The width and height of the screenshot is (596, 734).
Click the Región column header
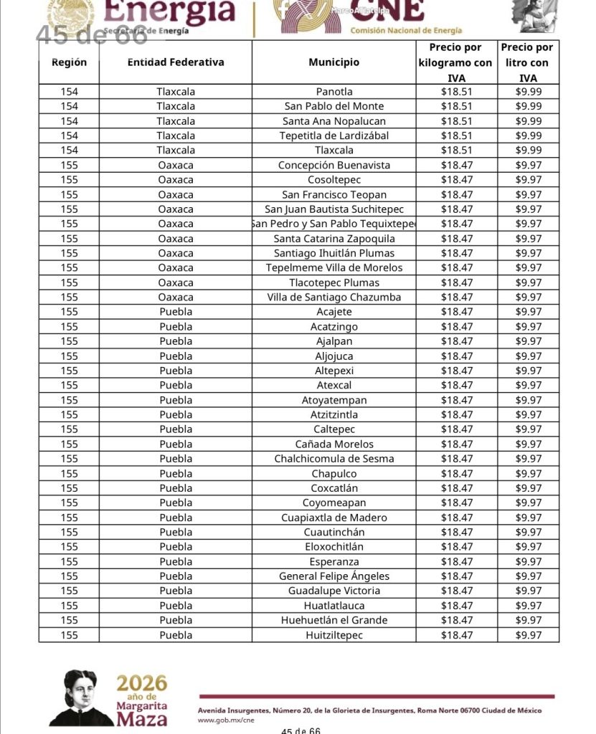click(x=69, y=62)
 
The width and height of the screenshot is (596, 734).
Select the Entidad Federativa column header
click(x=176, y=62)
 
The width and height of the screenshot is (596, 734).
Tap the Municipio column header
click(x=334, y=62)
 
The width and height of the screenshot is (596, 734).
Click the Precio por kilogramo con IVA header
click(x=455, y=62)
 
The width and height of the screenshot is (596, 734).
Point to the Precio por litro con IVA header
click(x=527, y=62)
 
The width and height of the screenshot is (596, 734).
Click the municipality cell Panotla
click(x=334, y=92)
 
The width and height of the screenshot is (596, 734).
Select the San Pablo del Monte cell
click(x=334, y=106)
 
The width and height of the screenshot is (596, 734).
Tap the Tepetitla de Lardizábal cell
click(x=334, y=135)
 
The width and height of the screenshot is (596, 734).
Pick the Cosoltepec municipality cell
click(x=334, y=180)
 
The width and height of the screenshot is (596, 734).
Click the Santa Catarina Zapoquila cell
click(x=334, y=239)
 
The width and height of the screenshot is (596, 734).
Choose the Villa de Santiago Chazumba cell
click(x=334, y=297)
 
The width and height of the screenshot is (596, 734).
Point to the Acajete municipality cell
click(x=334, y=312)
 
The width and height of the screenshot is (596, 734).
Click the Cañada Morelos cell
click(x=334, y=444)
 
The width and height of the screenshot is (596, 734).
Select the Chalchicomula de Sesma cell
click(x=334, y=459)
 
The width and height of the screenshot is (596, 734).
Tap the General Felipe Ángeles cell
click(x=334, y=576)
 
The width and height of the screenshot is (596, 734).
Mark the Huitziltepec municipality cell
click(x=334, y=635)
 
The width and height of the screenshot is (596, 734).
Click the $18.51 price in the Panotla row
click(x=456, y=92)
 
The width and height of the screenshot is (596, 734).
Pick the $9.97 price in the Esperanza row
click(x=529, y=562)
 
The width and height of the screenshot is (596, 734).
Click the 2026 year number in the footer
click(x=142, y=683)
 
